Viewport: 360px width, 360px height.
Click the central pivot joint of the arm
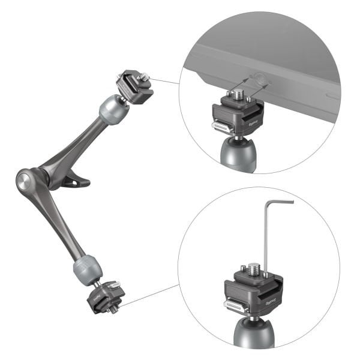25,181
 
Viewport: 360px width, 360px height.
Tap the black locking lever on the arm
75,179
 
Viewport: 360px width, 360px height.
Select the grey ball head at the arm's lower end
86,269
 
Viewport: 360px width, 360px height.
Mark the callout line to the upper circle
165,80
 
